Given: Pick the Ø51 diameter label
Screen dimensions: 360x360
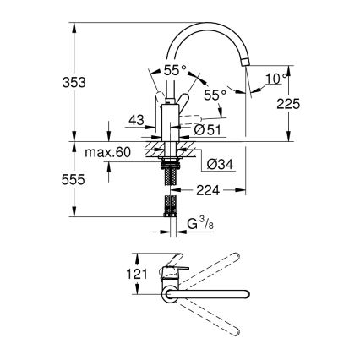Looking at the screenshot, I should pyautogui.click(x=207, y=128).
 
